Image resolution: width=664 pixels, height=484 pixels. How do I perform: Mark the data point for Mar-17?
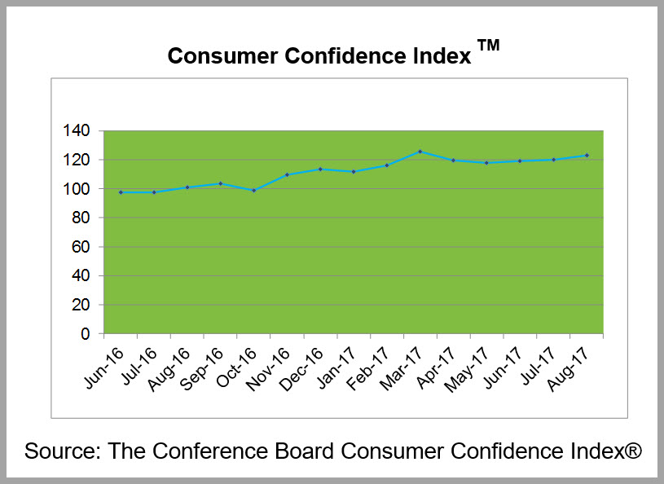pyautogui.click(x=420, y=152)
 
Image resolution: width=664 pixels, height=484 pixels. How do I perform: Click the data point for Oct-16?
pyautogui.click(x=253, y=191)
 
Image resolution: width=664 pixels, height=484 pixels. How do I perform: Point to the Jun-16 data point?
pyautogui.click(x=121, y=192)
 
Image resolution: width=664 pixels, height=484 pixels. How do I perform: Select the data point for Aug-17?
pyautogui.click(x=587, y=156)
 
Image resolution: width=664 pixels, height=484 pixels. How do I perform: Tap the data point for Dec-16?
pyautogui.click(x=320, y=169)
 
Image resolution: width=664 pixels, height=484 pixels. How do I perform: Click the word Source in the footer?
pyautogui.click(x=59, y=451)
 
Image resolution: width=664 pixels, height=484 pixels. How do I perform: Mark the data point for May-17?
pyautogui.click(x=487, y=163)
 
